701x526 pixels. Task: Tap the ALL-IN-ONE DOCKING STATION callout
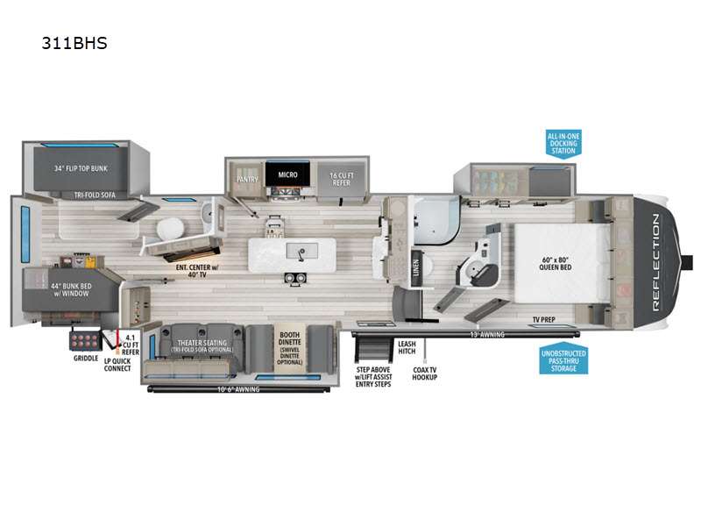563,144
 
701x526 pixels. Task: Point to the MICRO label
289,174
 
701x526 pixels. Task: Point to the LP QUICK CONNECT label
117,364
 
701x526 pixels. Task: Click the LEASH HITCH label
406,347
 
